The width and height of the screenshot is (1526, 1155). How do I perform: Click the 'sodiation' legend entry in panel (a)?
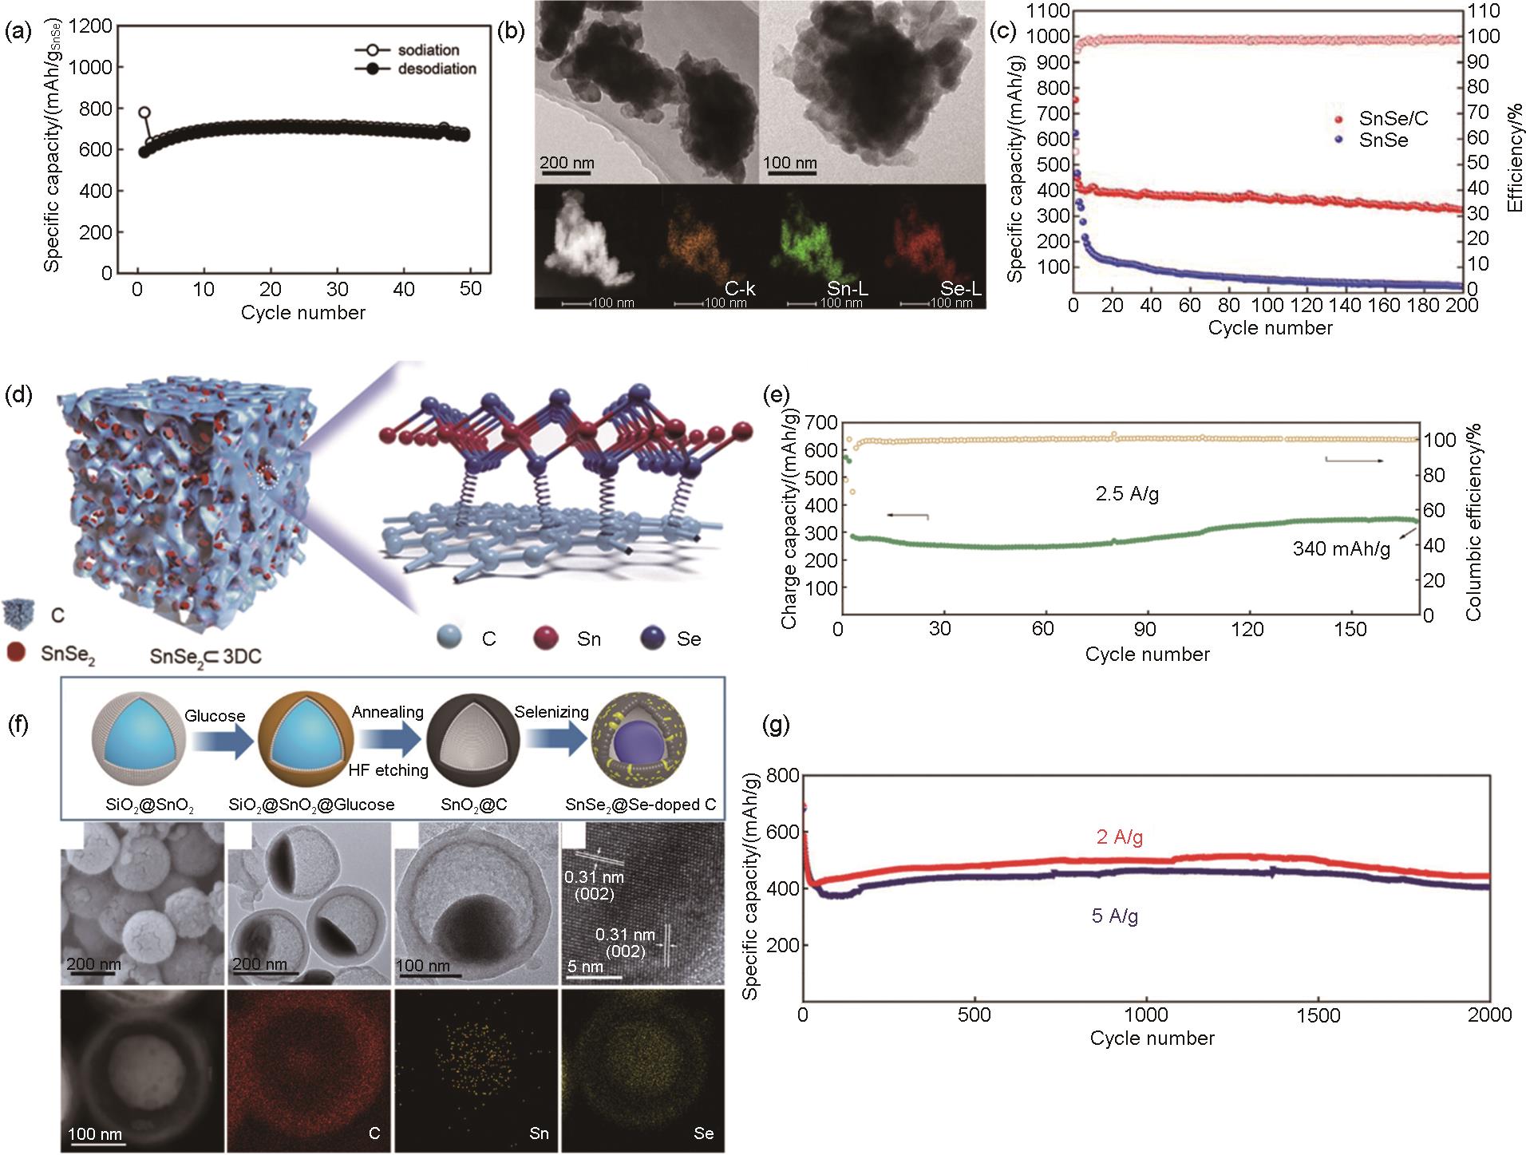point(428,50)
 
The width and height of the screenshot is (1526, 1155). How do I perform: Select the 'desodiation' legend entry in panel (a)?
point(437,69)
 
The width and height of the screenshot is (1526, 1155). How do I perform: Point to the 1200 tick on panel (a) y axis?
point(91,26)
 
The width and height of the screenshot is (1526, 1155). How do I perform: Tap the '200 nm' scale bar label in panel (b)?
point(567,163)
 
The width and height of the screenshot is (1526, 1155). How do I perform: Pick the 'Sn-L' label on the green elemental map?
point(848,288)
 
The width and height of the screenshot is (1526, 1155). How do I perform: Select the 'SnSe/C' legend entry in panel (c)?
point(1393,119)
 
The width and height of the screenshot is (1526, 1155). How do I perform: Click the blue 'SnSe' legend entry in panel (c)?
point(1383,140)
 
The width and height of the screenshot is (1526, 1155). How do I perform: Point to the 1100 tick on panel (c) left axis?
point(1047,11)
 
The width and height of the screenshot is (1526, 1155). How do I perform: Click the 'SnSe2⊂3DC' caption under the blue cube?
point(205,656)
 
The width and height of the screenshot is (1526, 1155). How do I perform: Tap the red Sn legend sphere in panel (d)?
point(546,639)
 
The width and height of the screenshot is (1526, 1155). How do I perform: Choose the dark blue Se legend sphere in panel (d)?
point(653,639)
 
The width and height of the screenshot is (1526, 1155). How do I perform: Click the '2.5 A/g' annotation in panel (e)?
point(1127,494)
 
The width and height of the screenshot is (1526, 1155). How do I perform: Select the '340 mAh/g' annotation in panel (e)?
point(1341,549)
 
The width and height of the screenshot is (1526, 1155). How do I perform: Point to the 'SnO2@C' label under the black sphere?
point(473,805)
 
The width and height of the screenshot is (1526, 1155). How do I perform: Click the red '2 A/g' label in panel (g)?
point(1119,837)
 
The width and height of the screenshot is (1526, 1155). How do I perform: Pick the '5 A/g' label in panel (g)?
point(1114,916)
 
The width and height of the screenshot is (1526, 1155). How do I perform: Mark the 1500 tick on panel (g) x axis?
point(1318,1015)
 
